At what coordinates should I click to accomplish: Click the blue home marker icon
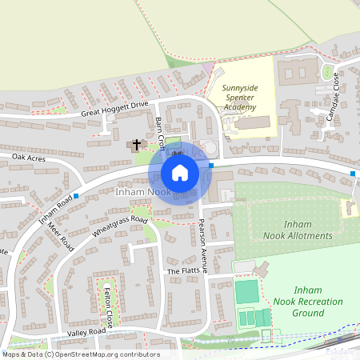180,172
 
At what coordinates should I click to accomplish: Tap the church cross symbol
136,146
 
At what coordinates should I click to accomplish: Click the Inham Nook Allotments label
298,230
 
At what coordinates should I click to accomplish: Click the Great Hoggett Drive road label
115,109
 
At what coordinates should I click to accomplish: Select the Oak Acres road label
28,158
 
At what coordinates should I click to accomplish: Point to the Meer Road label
60,237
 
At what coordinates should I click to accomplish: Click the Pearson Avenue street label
202,246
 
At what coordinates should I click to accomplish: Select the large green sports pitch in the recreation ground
247,292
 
